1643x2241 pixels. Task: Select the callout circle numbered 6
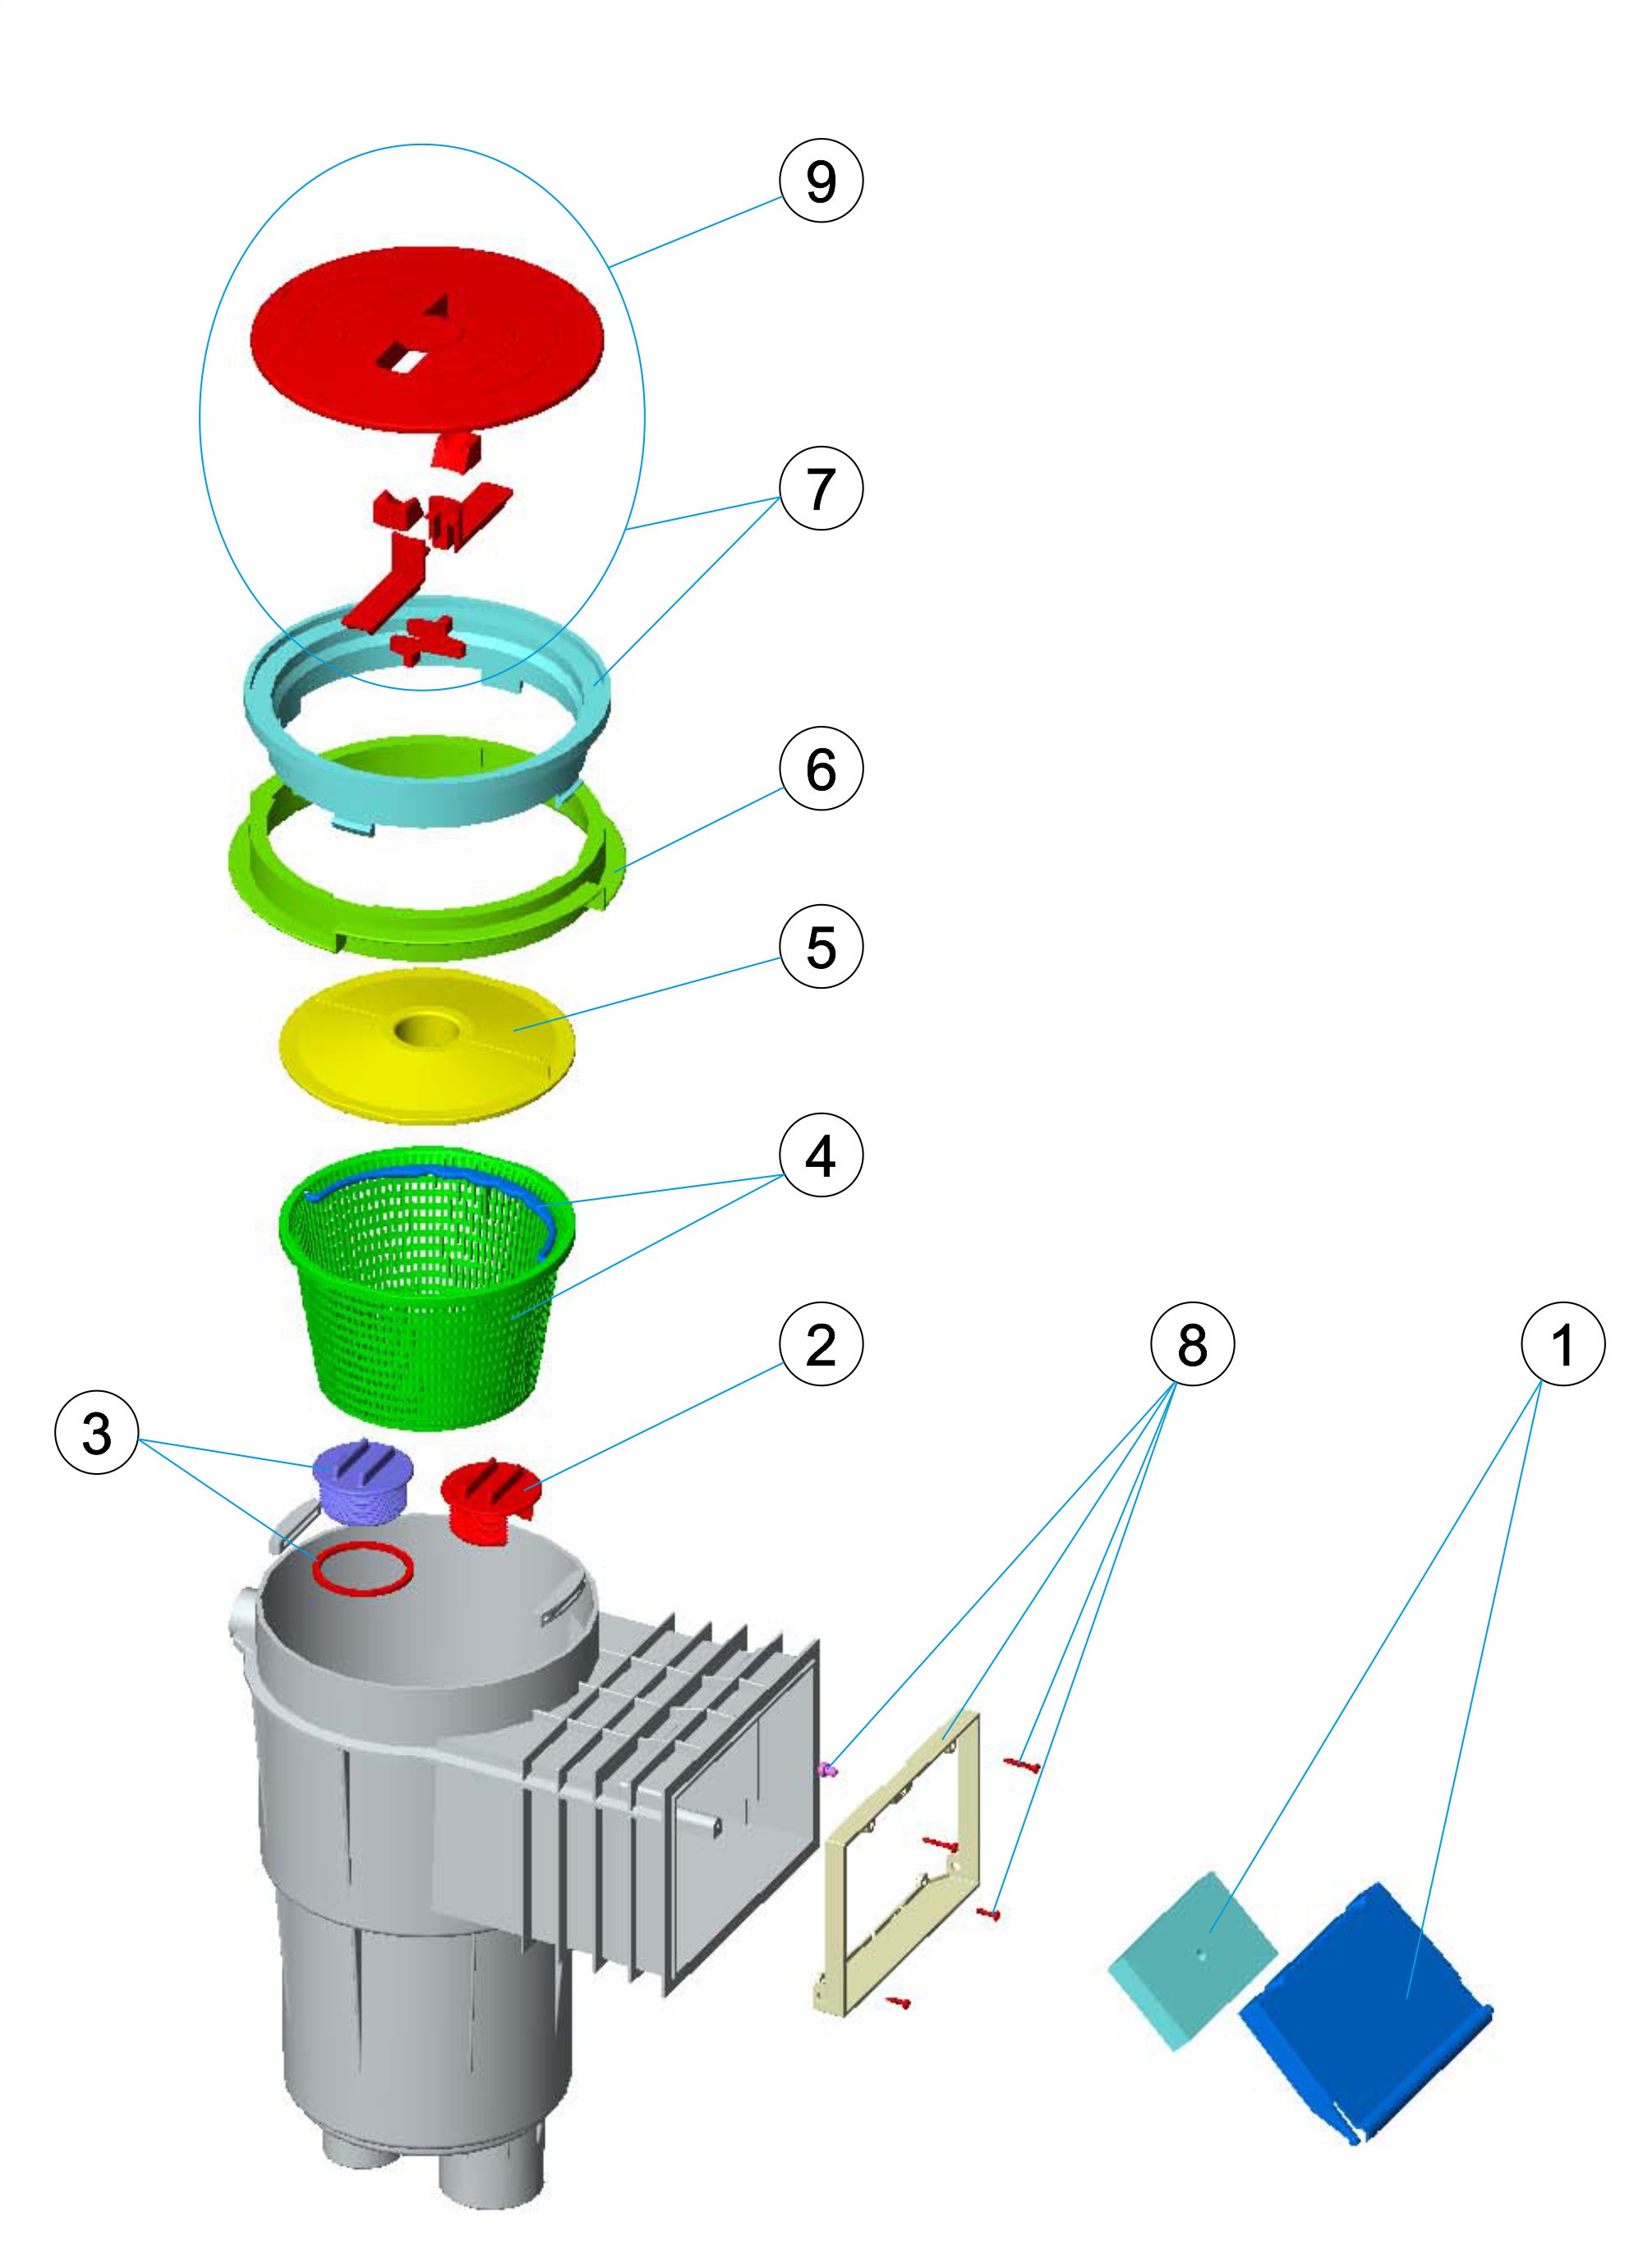point(821,768)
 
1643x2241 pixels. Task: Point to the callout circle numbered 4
point(821,1156)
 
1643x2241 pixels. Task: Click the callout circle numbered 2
point(821,1345)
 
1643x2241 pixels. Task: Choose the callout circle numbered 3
point(96,1433)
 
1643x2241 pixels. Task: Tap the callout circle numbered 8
point(1191,1345)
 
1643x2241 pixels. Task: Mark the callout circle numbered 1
point(1562,1345)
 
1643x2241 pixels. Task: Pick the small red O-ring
point(362,1570)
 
